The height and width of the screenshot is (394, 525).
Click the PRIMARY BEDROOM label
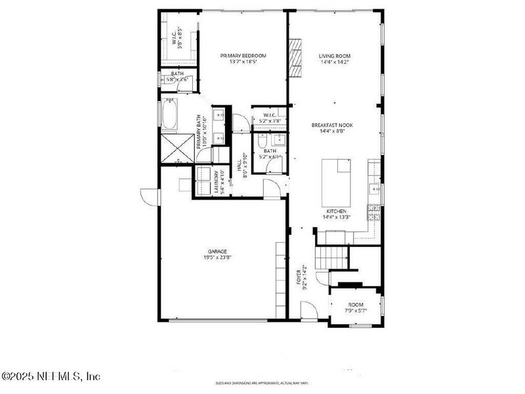(x=243, y=56)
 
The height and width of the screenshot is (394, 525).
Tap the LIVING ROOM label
(x=333, y=56)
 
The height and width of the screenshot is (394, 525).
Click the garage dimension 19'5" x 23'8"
(x=218, y=257)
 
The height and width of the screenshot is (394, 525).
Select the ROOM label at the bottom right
(x=356, y=305)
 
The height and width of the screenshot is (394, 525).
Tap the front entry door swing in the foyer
(x=308, y=310)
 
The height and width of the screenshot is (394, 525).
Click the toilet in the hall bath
(x=261, y=141)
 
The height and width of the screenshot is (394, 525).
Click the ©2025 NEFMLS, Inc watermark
(x=51, y=377)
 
